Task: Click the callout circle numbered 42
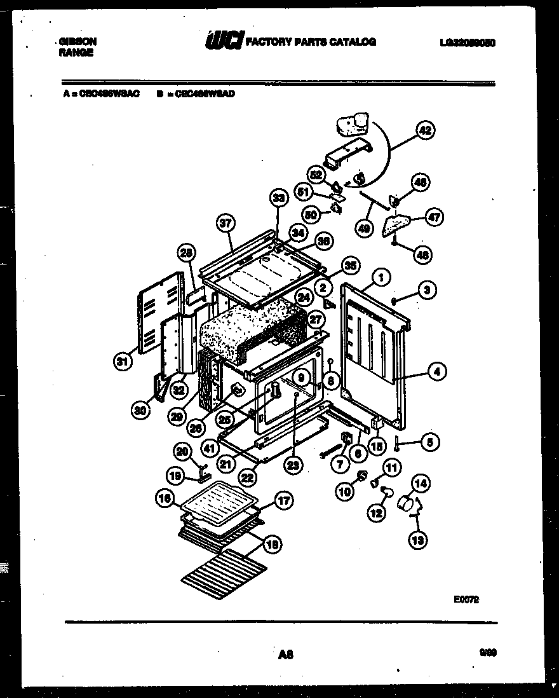pyautogui.click(x=425, y=131)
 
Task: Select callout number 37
pyautogui.click(x=226, y=223)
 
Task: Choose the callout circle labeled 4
pyautogui.click(x=436, y=371)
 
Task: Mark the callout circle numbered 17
pyautogui.click(x=283, y=500)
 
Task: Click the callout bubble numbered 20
pyautogui.click(x=182, y=451)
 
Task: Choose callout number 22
pyautogui.click(x=248, y=477)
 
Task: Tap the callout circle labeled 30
pyautogui.click(x=140, y=411)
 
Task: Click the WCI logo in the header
pyautogui.click(x=223, y=42)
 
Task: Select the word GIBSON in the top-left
pyautogui.click(x=77, y=41)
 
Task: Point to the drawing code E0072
pyautogui.click(x=466, y=598)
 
